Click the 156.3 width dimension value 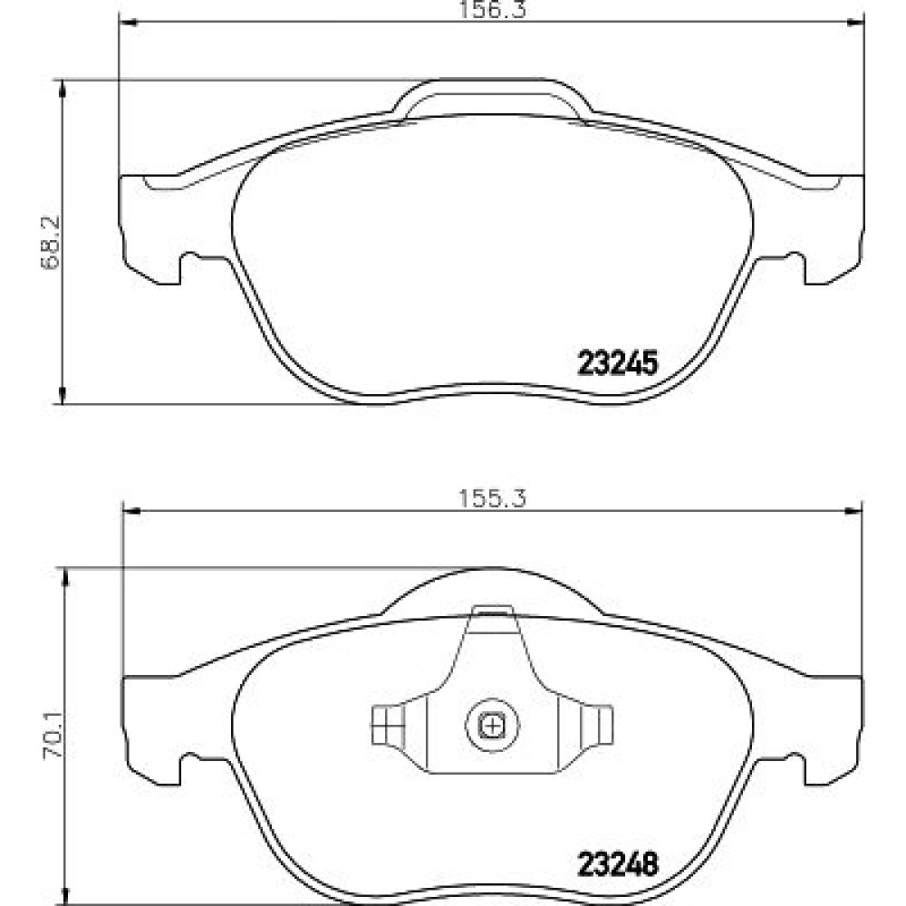coord(492,10)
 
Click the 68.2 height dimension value coord(51,243)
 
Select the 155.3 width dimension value coord(492,498)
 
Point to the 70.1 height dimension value coord(53,733)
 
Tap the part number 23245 coord(618,364)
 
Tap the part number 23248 coord(618,865)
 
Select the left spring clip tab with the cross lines coord(386,725)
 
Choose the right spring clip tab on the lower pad coord(597,725)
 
